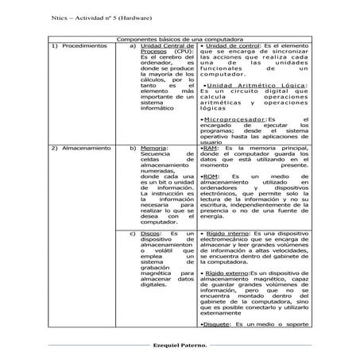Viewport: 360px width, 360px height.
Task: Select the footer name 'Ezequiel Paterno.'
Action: coord(180,346)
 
